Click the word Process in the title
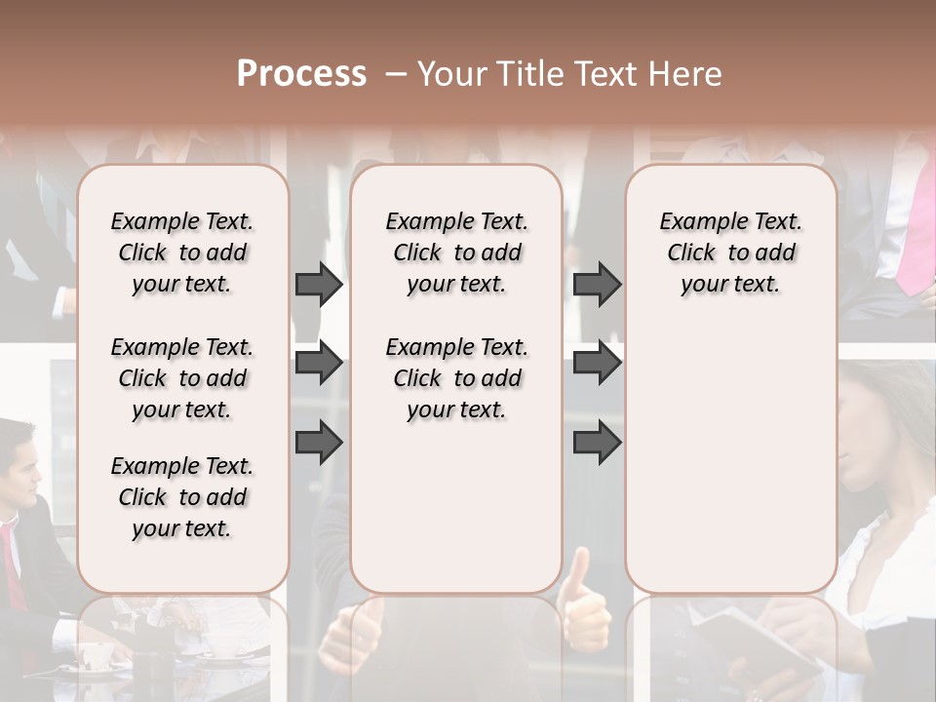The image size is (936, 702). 301,74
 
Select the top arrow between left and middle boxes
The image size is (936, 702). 319,284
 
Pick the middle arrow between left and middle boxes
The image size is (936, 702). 319,363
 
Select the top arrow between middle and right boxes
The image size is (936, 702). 597,284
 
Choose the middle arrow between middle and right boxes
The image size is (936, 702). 597,363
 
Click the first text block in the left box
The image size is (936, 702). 182,253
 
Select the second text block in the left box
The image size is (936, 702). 182,378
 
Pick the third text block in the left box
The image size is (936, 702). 182,497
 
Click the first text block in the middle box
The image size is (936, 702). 456,253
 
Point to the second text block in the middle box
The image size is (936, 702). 456,378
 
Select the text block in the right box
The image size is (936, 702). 730,253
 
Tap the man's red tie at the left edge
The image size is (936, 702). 12,565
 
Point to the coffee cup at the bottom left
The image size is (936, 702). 94,655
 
